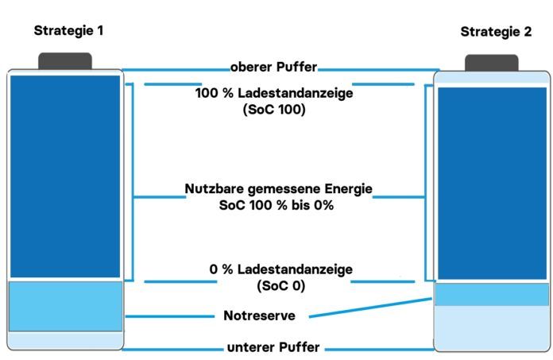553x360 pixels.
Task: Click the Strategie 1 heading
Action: click(x=68, y=31)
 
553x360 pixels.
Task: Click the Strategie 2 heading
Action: click(x=496, y=32)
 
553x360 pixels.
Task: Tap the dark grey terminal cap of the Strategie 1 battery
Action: click(x=65, y=61)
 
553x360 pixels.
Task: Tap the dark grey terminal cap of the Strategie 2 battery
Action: click(x=492, y=63)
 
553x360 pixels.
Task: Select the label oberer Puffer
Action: click(x=273, y=67)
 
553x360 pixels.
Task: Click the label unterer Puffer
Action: click(x=273, y=347)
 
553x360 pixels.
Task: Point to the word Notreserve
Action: click(x=260, y=315)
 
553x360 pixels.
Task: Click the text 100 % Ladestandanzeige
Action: click(x=274, y=93)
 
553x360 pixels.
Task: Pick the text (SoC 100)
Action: click(x=274, y=110)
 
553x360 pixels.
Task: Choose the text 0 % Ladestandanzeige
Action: click(x=280, y=269)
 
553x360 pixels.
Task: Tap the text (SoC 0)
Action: click(x=281, y=285)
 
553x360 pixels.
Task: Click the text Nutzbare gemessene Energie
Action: click(x=278, y=189)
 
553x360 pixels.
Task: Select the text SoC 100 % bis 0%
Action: click(x=276, y=205)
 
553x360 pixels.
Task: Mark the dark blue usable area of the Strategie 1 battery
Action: click(x=65, y=176)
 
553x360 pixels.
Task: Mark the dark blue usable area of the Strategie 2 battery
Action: click(x=492, y=184)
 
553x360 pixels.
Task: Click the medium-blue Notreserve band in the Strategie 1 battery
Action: click(x=66, y=306)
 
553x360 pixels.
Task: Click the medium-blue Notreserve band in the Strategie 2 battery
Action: click(x=492, y=294)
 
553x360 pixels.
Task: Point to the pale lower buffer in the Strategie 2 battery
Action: click(x=492, y=328)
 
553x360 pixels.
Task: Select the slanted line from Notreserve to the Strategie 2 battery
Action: click(x=370, y=308)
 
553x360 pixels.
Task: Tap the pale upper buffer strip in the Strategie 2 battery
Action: click(x=492, y=78)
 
